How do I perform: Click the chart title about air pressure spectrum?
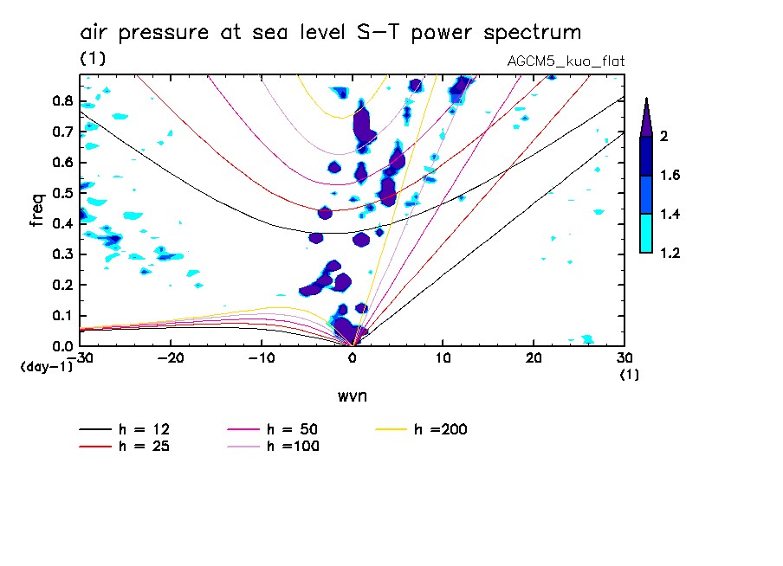click(x=330, y=33)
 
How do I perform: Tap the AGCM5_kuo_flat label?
click(x=566, y=61)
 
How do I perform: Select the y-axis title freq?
click(x=37, y=210)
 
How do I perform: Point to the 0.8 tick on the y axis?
click(x=61, y=100)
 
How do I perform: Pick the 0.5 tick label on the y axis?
click(x=61, y=192)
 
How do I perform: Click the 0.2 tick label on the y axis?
click(x=61, y=285)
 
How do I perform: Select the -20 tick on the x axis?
click(x=171, y=359)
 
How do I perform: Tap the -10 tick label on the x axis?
click(x=262, y=359)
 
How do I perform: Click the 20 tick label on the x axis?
click(x=534, y=359)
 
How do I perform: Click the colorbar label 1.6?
click(x=671, y=176)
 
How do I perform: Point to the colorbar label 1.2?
click(x=671, y=253)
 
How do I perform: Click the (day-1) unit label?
click(x=46, y=366)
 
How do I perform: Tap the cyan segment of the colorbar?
click(x=646, y=234)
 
